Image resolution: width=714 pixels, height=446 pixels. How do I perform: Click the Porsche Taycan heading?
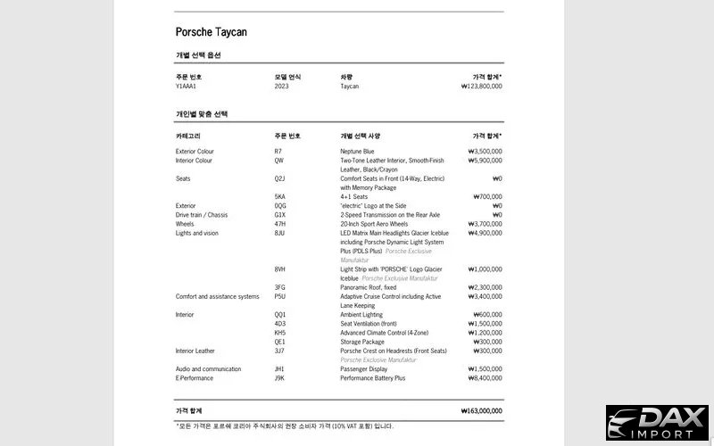tap(211, 32)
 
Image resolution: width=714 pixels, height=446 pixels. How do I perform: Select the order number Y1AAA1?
tap(187, 87)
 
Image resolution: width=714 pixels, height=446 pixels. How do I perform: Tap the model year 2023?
tap(282, 87)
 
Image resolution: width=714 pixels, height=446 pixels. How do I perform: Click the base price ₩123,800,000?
tap(481, 87)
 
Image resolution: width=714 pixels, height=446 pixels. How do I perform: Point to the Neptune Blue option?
tap(356, 152)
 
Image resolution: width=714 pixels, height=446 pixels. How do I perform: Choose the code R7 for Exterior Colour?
tap(278, 152)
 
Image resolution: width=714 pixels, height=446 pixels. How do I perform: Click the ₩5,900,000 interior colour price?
tap(485, 161)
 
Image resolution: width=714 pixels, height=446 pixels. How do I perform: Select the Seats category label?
tap(185, 178)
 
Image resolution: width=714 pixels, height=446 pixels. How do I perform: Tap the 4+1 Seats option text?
tap(355, 196)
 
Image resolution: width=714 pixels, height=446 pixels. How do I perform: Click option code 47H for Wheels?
tap(280, 224)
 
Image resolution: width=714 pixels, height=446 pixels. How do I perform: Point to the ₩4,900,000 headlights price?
tap(485, 233)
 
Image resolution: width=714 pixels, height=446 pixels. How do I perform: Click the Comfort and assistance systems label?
tap(217, 296)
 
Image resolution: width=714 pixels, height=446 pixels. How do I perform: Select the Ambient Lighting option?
tap(361, 314)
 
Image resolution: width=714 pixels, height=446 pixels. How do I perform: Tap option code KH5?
tap(280, 333)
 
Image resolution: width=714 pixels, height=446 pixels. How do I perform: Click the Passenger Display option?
tap(365, 368)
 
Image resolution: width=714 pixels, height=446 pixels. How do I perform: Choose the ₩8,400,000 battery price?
tap(485, 377)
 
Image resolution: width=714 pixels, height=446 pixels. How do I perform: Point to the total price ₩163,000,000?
tap(482, 410)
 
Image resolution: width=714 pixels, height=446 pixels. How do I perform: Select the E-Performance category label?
tap(195, 377)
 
